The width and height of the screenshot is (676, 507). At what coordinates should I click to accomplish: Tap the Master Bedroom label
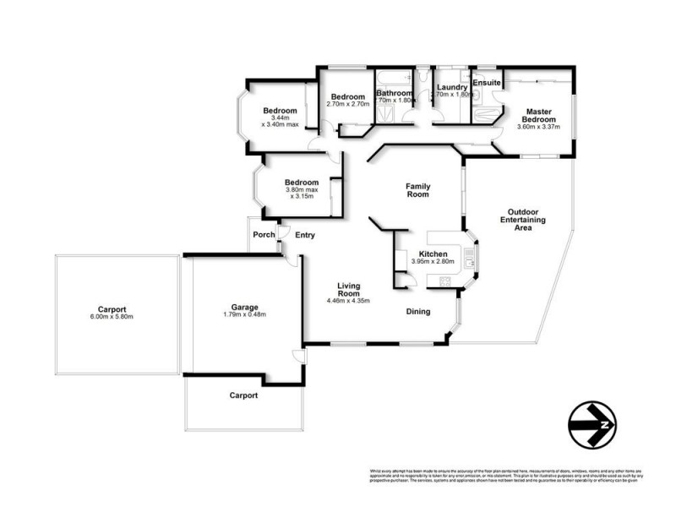539,116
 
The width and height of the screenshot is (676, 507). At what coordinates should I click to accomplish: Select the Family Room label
417,190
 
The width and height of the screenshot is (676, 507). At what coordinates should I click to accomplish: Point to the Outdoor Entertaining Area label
522,220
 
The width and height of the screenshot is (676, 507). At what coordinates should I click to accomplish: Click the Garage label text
245,307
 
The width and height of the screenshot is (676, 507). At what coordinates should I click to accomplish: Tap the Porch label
264,234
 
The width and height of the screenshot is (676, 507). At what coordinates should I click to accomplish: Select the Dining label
417,312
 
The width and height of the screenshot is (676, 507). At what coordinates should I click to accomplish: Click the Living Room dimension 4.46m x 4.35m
349,300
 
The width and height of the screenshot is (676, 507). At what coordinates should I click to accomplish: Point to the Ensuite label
488,83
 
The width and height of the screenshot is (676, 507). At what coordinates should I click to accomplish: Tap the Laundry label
453,87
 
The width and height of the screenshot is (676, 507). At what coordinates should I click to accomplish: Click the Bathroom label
394,93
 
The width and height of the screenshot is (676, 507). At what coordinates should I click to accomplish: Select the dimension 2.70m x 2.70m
347,104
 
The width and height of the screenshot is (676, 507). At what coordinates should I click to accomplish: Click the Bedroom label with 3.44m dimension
280,111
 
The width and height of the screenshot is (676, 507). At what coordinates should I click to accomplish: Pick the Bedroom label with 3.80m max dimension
302,183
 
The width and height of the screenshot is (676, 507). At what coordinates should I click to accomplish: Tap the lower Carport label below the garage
243,395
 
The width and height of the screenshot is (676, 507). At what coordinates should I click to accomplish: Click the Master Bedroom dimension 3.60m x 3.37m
539,128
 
